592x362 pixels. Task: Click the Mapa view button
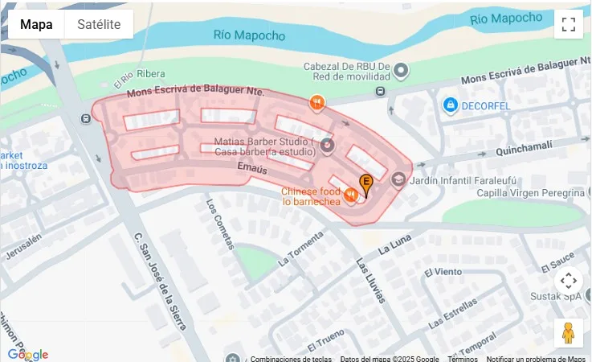[36, 24]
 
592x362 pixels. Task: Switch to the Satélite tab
[99, 24]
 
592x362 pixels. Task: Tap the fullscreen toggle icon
[569, 24]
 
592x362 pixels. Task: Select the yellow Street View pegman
[569, 332]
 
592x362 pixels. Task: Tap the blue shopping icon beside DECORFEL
[451, 105]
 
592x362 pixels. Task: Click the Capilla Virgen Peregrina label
[529, 193]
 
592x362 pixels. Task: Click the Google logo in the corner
[28, 354]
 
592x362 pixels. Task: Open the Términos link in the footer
[463, 359]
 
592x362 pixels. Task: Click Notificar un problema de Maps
[536, 359]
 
